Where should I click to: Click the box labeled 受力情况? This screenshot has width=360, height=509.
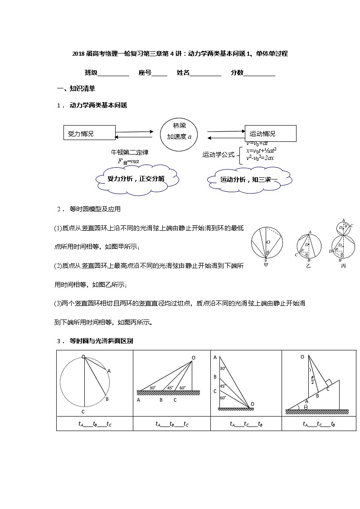[88, 134]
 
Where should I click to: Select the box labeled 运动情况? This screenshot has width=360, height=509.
[270, 134]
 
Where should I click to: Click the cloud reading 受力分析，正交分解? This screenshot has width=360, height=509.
[136, 179]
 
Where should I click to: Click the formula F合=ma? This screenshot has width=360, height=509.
[128, 161]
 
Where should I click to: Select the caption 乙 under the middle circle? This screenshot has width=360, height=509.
[308, 266]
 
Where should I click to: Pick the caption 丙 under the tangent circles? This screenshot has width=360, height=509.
[343, 266]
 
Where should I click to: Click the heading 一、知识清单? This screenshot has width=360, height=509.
[75, 88]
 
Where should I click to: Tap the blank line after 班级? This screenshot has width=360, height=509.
[113, 73]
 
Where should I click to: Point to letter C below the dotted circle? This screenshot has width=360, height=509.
[83, 412]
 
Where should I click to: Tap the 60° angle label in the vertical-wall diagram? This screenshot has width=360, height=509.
[223, 398]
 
